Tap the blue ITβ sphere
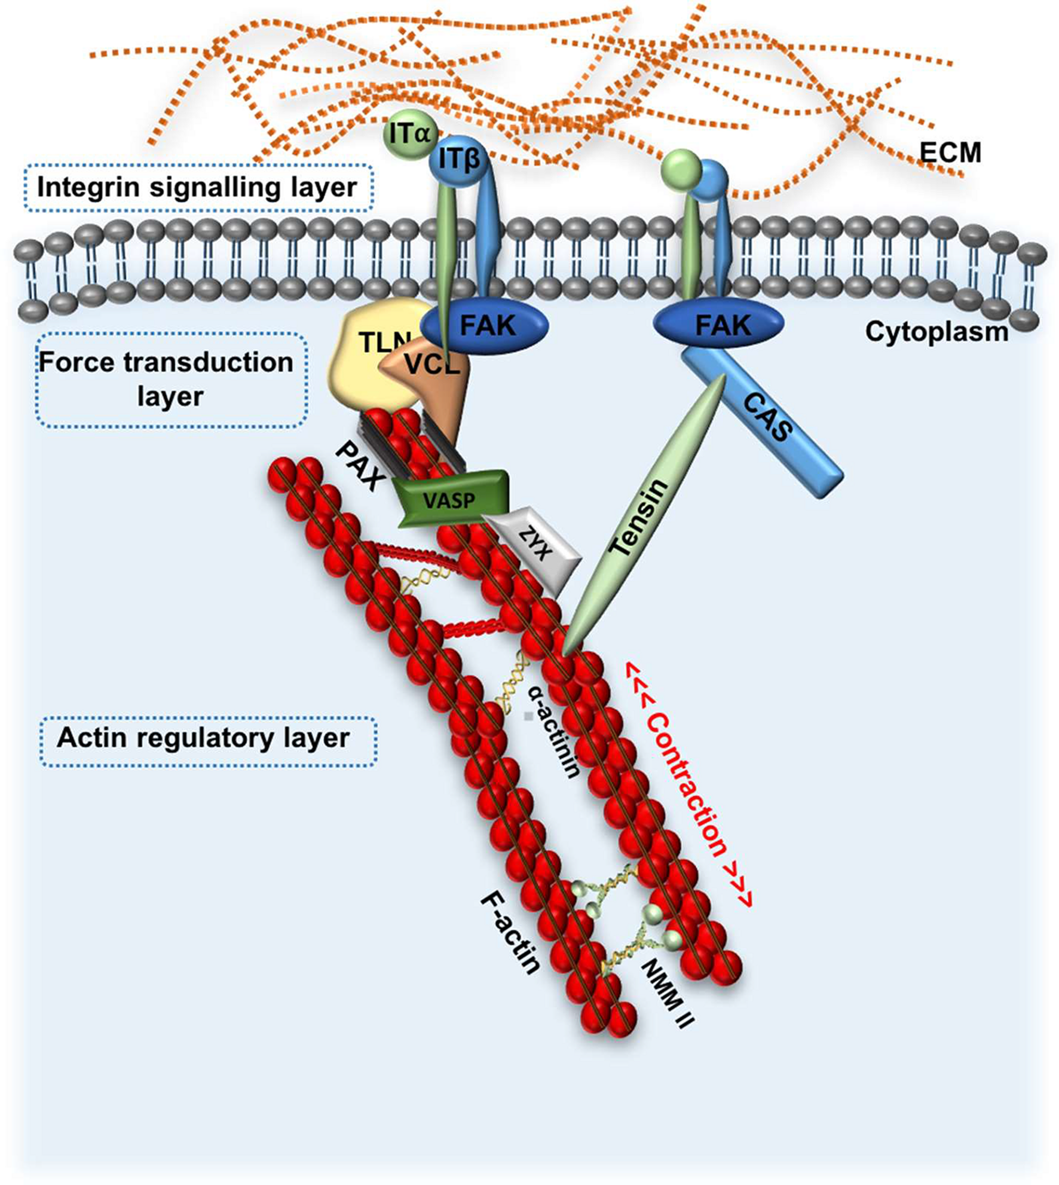(458, 160)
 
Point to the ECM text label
(950, 152)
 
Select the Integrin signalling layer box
(198, 188)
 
